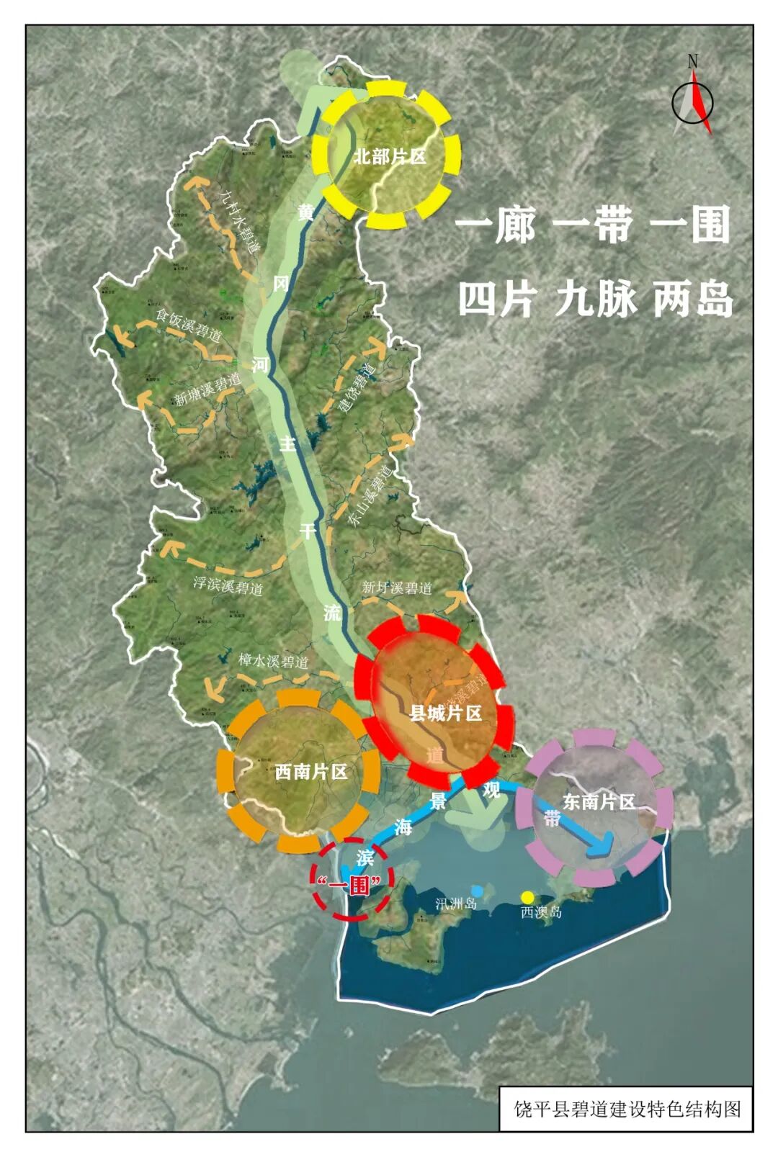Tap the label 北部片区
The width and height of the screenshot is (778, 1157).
point(389,156)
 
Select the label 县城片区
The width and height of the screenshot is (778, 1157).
point(445,713)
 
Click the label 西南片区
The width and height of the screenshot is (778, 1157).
point(311,772)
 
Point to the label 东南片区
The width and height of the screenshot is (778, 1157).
point(599,801)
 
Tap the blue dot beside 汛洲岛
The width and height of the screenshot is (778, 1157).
point(475,891)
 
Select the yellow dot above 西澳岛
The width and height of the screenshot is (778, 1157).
point(527,897)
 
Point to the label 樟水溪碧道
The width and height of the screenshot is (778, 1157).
point(273,660)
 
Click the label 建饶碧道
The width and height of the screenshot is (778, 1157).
point(358,389)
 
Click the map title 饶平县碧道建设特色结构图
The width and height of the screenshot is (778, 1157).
point(627,1109)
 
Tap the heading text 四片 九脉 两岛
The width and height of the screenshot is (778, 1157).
point(595,299)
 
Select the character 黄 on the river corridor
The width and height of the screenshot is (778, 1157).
point(306,212)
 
